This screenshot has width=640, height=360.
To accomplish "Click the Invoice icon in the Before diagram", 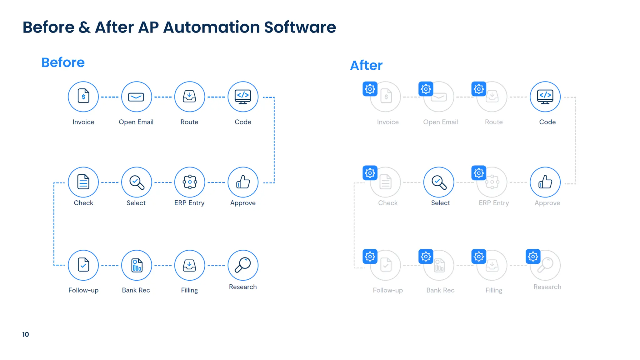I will (83, 97).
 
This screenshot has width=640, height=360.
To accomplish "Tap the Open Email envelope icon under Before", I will (136, 97).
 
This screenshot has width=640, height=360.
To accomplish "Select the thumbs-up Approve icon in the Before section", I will (243, 182).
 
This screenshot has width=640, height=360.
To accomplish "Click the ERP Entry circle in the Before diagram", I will (190, 182).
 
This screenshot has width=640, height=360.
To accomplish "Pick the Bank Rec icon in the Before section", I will (137, 265).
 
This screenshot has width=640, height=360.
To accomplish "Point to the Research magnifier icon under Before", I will (243, 265).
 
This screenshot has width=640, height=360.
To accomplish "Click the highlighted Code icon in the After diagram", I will (545, 97).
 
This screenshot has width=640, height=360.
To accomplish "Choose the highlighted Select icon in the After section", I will (439, 182).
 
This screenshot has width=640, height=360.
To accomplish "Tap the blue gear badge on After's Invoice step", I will (370, 89).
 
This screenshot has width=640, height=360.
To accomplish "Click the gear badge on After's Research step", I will (533, 257).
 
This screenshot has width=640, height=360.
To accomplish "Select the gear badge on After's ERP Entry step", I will (478, 173).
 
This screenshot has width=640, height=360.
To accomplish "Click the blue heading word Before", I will (63, 62).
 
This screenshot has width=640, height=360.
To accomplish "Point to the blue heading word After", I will (366, 66).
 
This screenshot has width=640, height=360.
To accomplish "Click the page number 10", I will (26, 334).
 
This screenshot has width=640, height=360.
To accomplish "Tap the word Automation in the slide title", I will (212, 27).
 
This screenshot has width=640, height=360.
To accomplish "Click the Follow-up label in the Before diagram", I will (83, 290).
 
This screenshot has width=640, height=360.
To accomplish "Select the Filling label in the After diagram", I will (494, 290).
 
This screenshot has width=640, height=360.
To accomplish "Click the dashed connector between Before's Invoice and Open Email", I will (110, 97).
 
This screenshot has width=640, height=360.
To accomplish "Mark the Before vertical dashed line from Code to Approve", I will (274, 140).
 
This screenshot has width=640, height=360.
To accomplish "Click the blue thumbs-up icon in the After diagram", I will (545, 182).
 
